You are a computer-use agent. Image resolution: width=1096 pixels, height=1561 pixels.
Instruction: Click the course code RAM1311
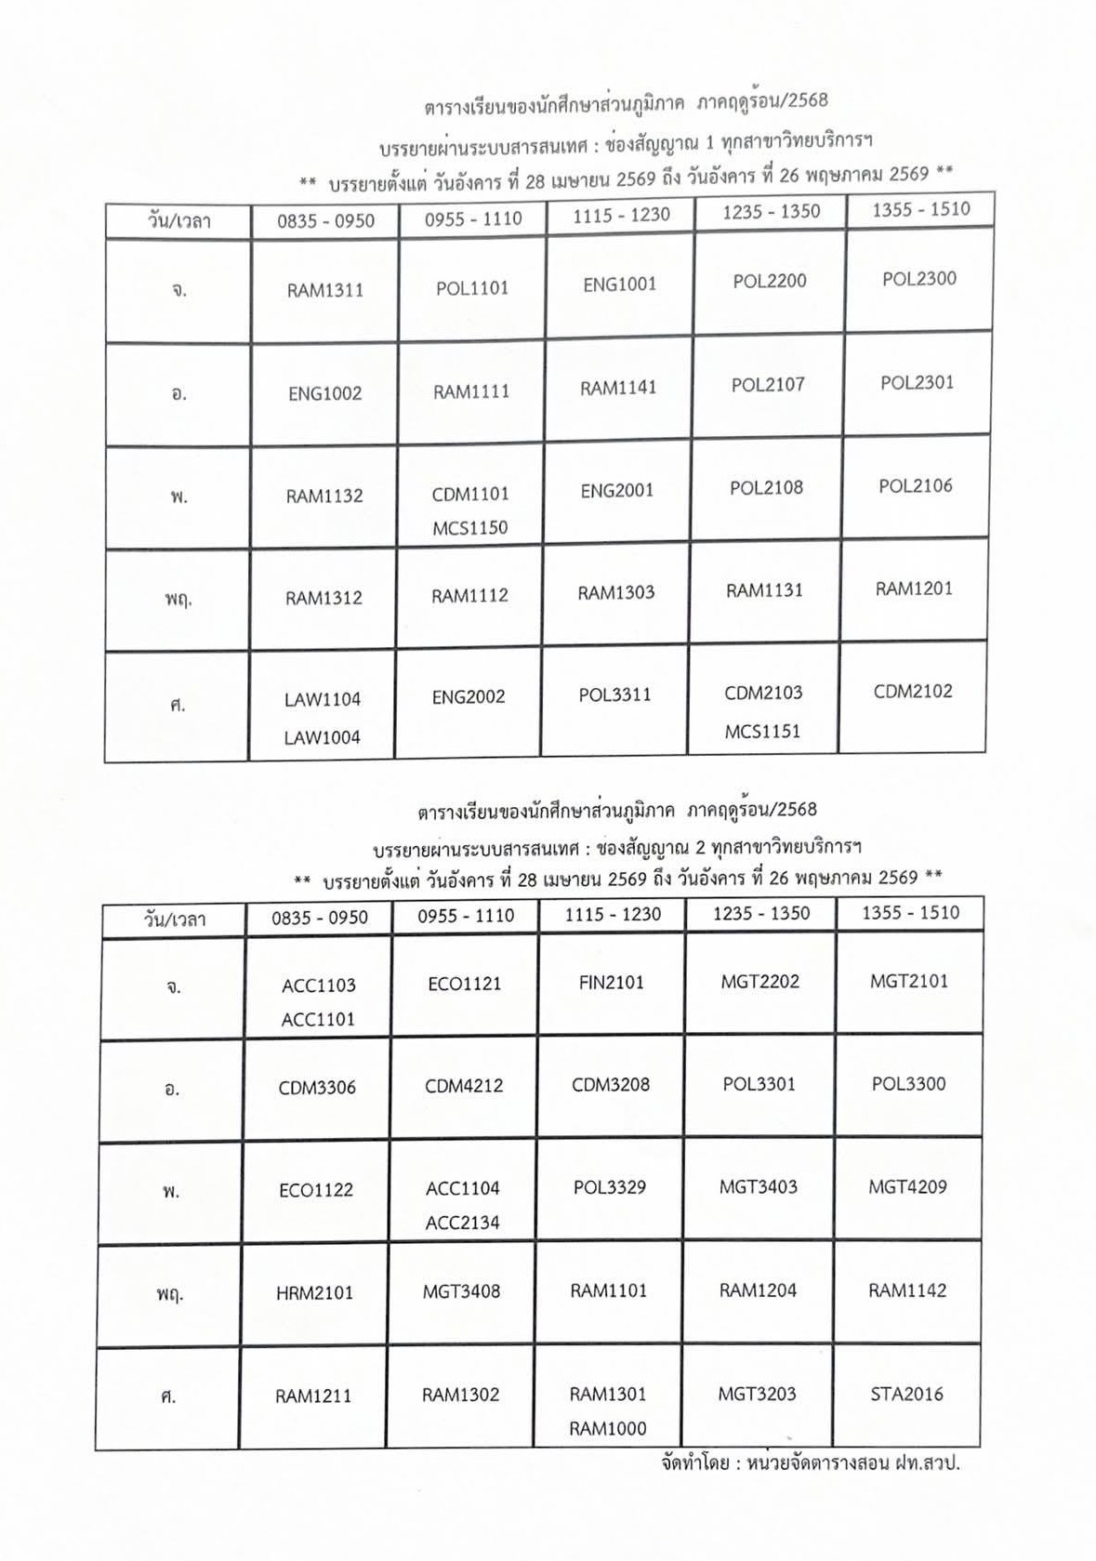(x=324, y=290)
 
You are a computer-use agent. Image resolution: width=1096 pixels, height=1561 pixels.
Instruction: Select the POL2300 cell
(x=918, y=279)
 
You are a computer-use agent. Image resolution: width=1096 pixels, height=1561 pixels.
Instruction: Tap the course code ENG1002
(x=324, y=393)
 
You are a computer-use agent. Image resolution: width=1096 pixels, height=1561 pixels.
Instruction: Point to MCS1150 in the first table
(x=469, y=528)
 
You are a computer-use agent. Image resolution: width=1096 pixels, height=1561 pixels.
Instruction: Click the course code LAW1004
(x=322, y=738)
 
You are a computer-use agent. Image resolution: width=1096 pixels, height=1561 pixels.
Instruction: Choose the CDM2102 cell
(x=913, y=692)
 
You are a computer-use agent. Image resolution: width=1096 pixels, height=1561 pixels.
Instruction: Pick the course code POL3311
(x=614, y=695)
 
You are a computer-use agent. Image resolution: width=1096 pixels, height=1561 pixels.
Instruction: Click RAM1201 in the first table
(x=914, y=589)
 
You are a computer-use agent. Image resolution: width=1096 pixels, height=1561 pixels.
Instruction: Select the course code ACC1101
(x=318, y=1020)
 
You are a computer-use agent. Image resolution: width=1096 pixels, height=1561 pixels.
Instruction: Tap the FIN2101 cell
(x=611, y=983)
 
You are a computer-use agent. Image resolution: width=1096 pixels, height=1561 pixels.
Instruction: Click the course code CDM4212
(x=464, y=1086)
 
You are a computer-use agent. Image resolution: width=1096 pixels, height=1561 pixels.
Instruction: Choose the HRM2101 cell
(x=314, y=1293)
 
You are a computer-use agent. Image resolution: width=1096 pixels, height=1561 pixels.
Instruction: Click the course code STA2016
(x=906, y=1395)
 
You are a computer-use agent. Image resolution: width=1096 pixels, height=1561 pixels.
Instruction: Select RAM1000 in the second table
(x=608, y=1429)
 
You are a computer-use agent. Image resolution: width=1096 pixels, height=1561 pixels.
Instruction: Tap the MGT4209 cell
(x=907, y=1187)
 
